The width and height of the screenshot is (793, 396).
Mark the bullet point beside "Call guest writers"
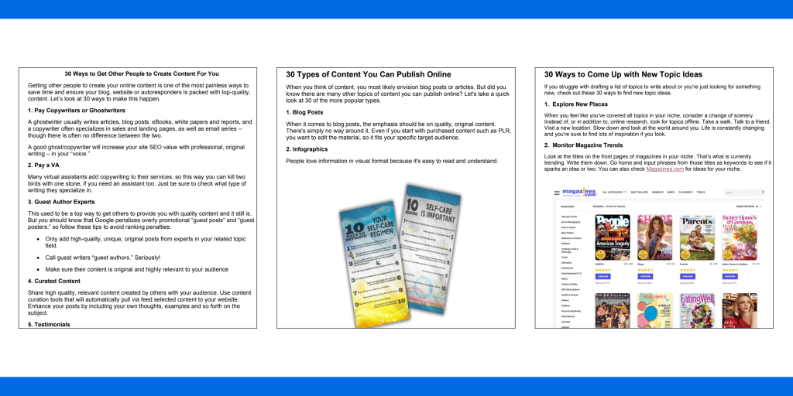coord(39,257)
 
